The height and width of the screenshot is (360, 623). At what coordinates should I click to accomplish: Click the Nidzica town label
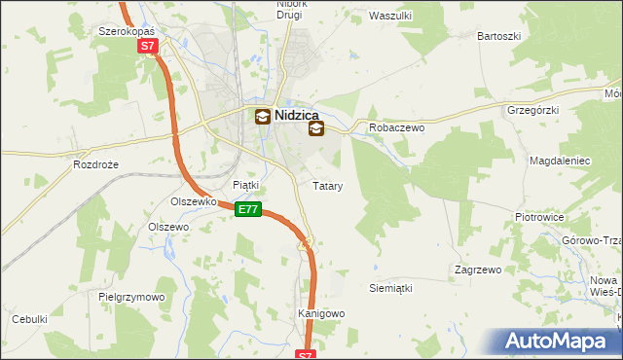coord(299,115)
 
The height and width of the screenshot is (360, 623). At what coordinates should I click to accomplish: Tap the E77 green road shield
coord(248,209)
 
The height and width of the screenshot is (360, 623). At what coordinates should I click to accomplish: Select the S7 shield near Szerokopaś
coord(146,46)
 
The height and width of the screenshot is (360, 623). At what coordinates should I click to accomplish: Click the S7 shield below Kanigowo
coord(306,355)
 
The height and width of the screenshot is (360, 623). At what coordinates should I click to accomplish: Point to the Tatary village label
coord(326,185)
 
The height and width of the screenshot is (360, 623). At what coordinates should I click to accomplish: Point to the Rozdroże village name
coord(95,165)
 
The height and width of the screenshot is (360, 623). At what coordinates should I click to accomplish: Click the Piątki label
coord(245,185)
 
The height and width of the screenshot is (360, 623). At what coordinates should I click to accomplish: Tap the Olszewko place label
coord(192,202)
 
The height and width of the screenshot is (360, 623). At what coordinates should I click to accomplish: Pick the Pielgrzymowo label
coord(131,296)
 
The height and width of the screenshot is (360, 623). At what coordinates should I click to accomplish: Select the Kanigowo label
coord(321,314)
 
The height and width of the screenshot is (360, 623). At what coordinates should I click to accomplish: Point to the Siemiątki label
coord(391,289)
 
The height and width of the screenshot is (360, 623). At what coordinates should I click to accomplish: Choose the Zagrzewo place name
coord(477,269)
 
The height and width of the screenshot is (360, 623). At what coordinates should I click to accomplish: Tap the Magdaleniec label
coord(556,159)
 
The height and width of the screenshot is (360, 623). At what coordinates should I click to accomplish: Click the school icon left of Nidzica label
coord(262,117)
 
